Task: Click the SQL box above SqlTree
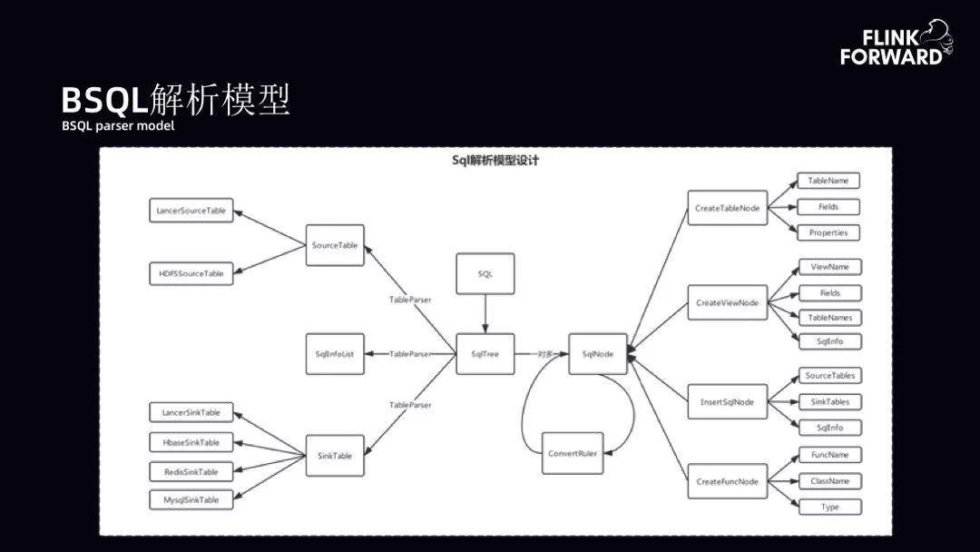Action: (485, 273)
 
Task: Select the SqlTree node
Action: (485, 353)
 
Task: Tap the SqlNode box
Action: (598, 353)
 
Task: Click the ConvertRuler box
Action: (572, 453)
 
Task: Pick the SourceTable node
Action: (335, 245)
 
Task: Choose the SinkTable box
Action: (335, 455)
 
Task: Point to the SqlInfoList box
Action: (335, 353)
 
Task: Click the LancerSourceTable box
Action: (191, 211)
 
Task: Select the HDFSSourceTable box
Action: (191, 272)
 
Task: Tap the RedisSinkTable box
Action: (191, 472)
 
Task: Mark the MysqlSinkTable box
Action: (191, 500)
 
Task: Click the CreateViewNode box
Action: (727, 302)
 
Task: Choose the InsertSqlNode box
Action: (727, 400)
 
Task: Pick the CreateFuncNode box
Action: (727, 481)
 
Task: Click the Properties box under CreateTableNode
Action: (828, 232)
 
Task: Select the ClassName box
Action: (829, 480)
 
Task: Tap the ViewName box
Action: (829, 267)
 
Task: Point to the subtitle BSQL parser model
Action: (118, 126)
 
